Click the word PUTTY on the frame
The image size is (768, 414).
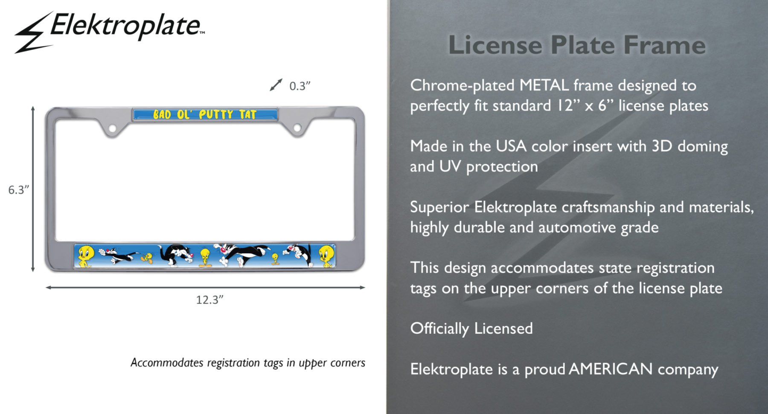click(216, 115)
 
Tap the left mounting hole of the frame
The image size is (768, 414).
click(112, 128)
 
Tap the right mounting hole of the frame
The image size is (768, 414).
click(297, 128)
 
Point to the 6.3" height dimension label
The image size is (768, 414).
click(19, 190)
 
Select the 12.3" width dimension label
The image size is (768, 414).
click(209, 300)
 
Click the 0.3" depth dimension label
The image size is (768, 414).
click(300, 86)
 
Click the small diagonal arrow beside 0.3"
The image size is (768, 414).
click(276, 85)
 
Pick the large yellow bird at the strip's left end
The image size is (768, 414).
click(86, 256)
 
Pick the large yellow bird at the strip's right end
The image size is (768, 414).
click(326, 256)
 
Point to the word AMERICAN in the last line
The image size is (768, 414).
click(611, 369)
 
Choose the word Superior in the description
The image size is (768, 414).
click(439, 208)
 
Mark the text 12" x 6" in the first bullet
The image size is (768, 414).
click(585, 105)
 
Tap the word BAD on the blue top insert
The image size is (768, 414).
click(162, 115)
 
